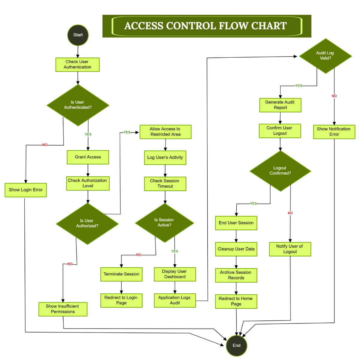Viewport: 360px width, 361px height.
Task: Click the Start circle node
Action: tap(78, 35)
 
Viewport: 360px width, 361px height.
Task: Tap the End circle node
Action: tap(236, 346)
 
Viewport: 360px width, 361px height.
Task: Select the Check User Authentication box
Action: tap(77, 65)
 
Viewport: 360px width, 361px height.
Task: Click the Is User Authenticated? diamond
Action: tap(78, 105)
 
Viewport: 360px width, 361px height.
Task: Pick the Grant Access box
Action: tap(88, 157)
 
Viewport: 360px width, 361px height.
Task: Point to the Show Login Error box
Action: tap(26, 190)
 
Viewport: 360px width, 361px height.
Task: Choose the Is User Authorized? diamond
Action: tap(87, 224)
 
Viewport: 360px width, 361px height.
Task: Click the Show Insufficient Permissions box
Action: tap(63, 309)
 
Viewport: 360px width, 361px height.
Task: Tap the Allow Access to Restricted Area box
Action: tap(165, 132)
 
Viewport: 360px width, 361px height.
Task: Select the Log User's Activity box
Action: tap(165, 158)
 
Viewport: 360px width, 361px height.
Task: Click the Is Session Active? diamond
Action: tap(164, 223)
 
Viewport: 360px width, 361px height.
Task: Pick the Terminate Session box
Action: tap(121, 274)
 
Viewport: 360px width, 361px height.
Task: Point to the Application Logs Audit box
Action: tap(175, 300)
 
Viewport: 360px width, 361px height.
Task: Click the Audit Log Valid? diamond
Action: tap(325, 56)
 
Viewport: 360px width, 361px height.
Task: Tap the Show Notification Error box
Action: tap(334, 132)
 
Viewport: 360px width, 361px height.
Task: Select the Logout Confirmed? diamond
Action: tap(280, 171)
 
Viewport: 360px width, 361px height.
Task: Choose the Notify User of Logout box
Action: tap(290, 249)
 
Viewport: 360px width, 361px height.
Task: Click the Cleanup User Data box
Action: tap(236, 249)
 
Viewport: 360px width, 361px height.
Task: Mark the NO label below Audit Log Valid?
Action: tap(334, 96)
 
